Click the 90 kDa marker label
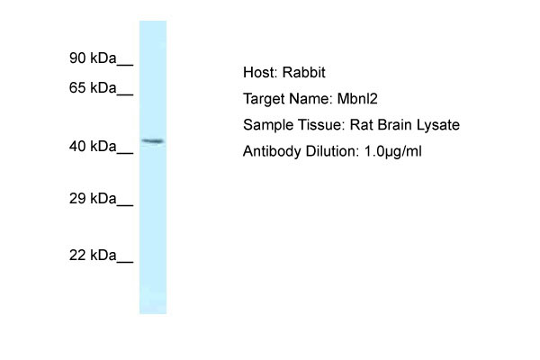93,58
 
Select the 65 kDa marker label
93,88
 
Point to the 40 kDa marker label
93,147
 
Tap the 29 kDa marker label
93,198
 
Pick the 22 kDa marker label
93,256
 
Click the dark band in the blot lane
153,141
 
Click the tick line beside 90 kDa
125,65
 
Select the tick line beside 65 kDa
125,94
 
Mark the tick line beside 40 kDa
125,153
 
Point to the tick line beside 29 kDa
125,205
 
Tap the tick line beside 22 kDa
125,262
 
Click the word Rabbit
304,72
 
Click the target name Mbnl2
357,99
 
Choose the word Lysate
438,125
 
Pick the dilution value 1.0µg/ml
393,151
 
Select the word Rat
362,125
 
